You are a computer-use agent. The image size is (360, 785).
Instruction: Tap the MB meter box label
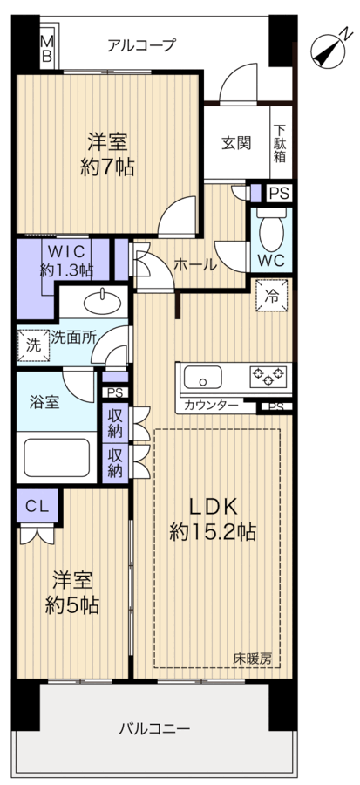pos(47,49)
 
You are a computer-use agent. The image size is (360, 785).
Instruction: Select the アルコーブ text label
pos(141,44)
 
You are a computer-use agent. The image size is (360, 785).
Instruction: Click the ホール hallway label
pos(194,263)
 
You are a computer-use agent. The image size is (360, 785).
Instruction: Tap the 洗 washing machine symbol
pos(32,344)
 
